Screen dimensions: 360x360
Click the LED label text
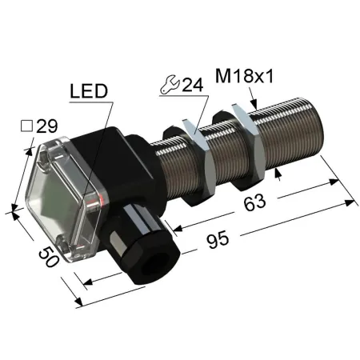point(89,91)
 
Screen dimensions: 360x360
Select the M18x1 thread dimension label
point(245,76)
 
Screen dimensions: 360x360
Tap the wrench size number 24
point(193,85)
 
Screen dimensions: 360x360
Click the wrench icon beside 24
point(170,85)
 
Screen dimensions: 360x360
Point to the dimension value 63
point(254,202)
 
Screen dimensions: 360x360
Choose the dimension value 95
point(218,239)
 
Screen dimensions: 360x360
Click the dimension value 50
point(49,257)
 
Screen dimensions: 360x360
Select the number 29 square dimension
point(47,126)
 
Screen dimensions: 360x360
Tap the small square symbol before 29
point(26,126)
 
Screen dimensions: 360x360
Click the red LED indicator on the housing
point(102,198)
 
